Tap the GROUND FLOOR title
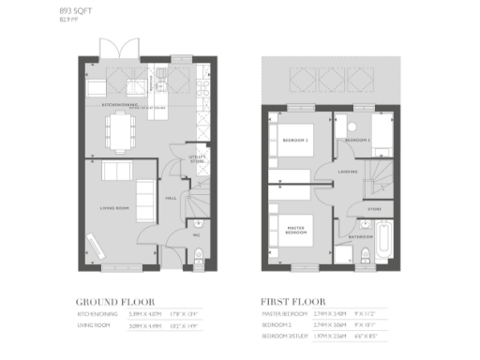tap(112, 301)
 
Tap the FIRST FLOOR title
tap(292, 301)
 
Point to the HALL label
tap(172, 199)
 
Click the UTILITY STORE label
tap(197, 160)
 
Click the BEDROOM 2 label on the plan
tap(295, 140)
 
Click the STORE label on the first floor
tap(374, 208)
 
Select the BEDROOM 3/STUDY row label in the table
tap(285, 335)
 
